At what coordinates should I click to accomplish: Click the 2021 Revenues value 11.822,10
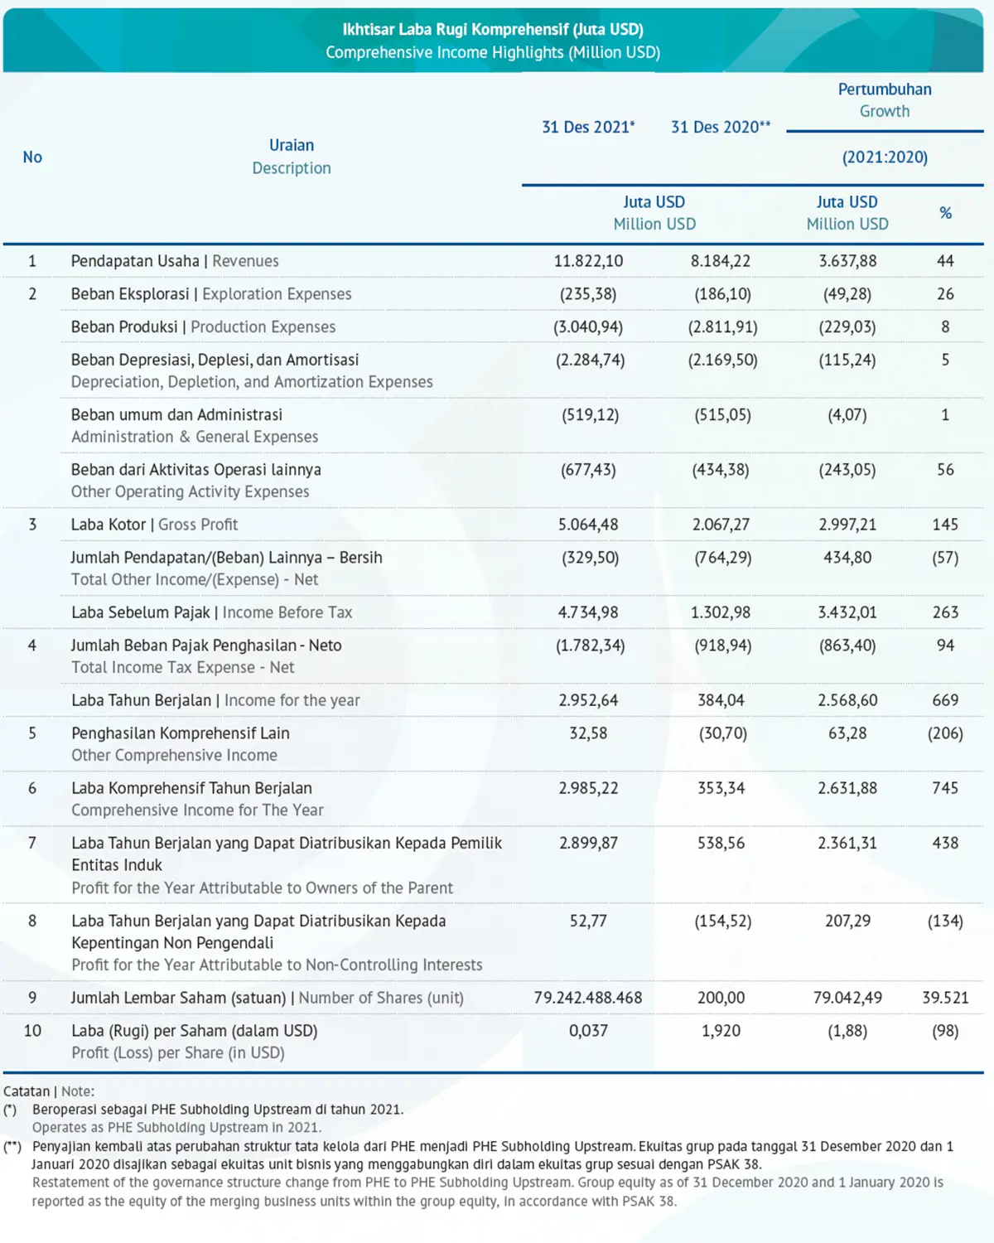click(x=588, y=261)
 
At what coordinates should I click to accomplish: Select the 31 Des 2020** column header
click(x=721, y=127)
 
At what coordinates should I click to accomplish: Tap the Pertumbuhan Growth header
click(x=885, y=99)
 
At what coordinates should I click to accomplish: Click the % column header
click(x=945, y=213)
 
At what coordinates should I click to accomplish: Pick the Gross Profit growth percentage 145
click(x=945, y=525)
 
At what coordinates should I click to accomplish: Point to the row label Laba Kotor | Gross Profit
click(x=154, y=525)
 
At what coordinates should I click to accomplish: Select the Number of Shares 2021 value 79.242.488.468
click(x=588, y=998)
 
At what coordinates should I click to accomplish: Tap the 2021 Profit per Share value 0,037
click(x=588, y=1031)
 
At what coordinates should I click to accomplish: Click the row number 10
click(x=32, y=1031)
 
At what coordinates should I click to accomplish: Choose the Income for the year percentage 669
click(x=945, y=700)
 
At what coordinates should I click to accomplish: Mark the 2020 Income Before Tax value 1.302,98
click(x=721, y=612)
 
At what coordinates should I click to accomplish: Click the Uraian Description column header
click(x=292, y=157)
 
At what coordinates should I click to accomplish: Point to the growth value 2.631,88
click(x=847, y=788)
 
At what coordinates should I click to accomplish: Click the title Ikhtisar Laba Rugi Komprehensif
click(x=493, y=30)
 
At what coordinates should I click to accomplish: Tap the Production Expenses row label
click(x=203, y=327)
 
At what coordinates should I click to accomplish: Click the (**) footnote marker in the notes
click(x=12, y=1147)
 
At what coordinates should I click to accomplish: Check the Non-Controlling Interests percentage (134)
click(x=945, y=921)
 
